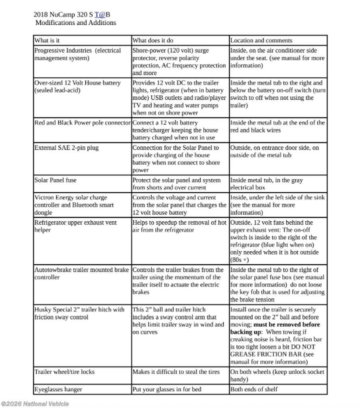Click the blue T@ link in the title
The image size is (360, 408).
tap(100, 15)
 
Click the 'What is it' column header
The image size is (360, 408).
tap(47, 40)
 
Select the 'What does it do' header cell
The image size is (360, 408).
tap(153, 40)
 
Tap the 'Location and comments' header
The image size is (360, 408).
tap(261, 40)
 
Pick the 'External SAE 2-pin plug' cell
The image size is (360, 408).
tap(66, 148)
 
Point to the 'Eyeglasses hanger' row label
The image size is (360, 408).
tap(58, 389)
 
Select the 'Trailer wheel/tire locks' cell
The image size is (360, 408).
tap(65, 372)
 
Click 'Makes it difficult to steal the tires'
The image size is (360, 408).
tap(176, 372)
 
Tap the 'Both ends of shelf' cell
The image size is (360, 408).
tap(254, 389)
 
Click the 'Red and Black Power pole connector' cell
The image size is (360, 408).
tap(83, 123)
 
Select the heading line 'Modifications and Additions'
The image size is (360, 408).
tap(76, 23)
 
